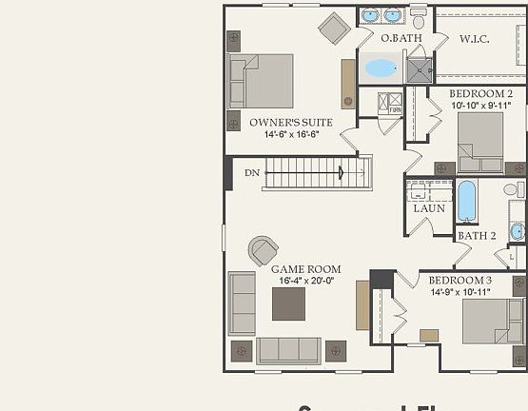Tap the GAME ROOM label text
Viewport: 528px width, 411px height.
pyautogui.click(x=305, y=269)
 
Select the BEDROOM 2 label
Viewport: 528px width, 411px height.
pyautogui.click(x=482, y=93)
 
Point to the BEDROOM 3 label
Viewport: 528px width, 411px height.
pyautogui.click(x=460, y=281)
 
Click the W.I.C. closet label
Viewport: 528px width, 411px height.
pyautogui.click(x=475, y=39)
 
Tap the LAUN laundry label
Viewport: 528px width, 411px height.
pyautogui.click(x=429, y=208)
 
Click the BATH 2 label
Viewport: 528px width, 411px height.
pyautogui.click(x=477, y=235)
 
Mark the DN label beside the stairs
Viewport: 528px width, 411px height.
pyautogui.click(x=252, y=173)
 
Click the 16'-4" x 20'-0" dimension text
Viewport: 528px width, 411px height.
pyautogui.click(x=305, y=282)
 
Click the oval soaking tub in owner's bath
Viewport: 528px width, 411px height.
pyautogui.click(x=381, y=68)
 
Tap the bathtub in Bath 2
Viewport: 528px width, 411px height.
pyautogui.click(x=466, y=201)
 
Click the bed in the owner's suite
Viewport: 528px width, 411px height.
pyautogui.click(x=262, y=81)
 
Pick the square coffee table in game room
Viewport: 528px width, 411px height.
pyautogui.click(x=288, y=303)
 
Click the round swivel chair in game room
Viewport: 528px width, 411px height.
pyautogui.click(x=263, y=251)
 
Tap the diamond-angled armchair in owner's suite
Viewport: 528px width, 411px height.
pyautogui.click(x=334, y=29)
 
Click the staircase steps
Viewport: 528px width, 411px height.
pyautogui.click(x=314, y=173)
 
